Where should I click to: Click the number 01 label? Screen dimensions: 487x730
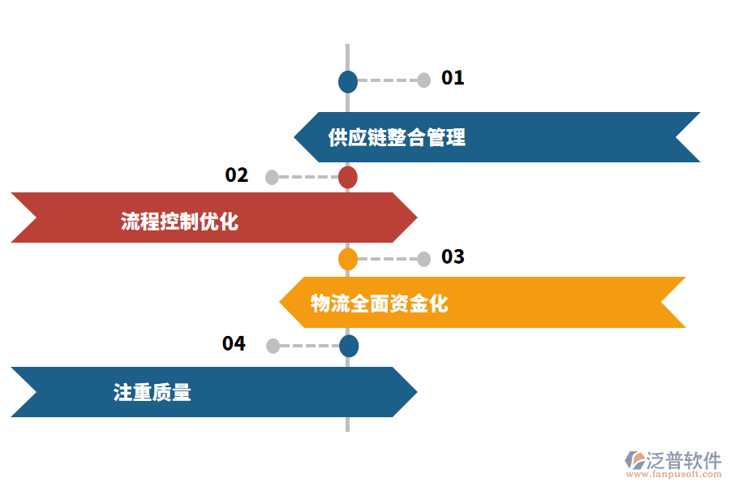click(x=452, y=78)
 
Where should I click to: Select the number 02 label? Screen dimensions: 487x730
click(x=236, y=175)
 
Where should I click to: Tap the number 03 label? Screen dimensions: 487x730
click(x=452, y=256)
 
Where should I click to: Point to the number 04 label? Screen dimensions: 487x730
click(x=234, y=343)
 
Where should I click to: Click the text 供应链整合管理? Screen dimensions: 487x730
click(x=397, y=137)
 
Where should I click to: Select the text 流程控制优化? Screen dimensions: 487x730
click(x=179, y=221)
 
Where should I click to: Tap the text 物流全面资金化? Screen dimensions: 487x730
click(x=380, y=304)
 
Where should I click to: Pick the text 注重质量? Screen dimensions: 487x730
click(x=152, y=393)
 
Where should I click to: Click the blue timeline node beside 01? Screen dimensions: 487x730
click(x=347, y=81)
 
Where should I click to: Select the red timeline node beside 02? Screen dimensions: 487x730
click(x=347, y=177)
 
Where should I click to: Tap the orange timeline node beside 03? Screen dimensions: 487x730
click(x=347, y=259)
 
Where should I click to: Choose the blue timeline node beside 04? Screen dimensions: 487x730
click(x=348, y=346)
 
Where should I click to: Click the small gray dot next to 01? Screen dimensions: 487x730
click(x=423, y=80)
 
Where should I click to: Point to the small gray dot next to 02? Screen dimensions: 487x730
click(x=272, y=177)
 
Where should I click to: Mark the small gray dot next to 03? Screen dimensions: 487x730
click(x=423, y=259)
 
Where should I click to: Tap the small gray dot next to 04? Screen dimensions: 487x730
click(x=273, y=346)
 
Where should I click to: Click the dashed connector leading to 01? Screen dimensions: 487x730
click(x=387, y=80)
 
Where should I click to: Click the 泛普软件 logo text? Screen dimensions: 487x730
click(x=683, y=460)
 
